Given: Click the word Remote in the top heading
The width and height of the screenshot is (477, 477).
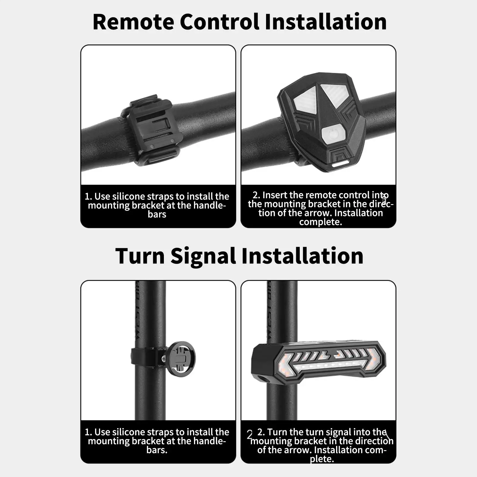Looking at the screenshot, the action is pyautogui.click(x=133, y=22).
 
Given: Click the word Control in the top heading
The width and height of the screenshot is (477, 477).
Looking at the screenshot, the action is pyautogui.click(x=220, y=22).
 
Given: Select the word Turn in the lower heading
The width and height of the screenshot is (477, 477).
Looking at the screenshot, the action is pyautogui.click(x=140, y=256).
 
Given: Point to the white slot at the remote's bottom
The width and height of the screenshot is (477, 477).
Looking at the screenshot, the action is pyautogui.click(x=340, y=164).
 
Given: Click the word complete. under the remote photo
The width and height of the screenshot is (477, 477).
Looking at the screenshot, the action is pyautogui.click(x=321, y=222).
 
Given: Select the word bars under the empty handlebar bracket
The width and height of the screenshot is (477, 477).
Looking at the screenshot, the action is pyautogui.click(x=157, y=214).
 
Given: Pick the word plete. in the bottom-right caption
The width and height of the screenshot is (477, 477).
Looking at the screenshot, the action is pyautogui.click(x=322, y=459).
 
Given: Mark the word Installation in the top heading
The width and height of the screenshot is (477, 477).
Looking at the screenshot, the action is pyautogui.click(x=326, y=22).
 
